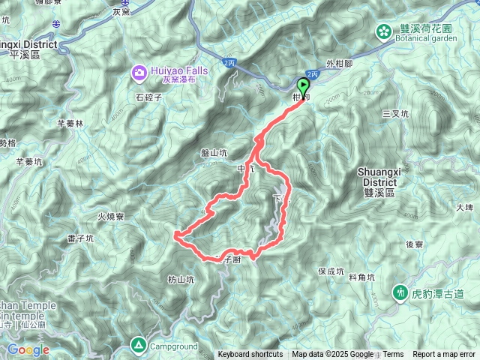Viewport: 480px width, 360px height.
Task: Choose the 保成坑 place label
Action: click(x=330, y=271)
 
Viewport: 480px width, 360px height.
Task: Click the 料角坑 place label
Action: click(x=361, y=277)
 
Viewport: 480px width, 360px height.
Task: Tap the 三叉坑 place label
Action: click(x=395, y=113)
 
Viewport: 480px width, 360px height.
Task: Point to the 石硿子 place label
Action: click(x=149, y=96)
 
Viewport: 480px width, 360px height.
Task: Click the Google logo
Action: click(x=28, y=350)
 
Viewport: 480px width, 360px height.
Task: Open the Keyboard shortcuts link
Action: click(x=250, y=355)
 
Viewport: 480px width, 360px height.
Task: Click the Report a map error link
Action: click(x=445, y=355)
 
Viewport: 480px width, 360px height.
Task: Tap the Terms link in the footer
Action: click(x=393, y=355)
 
